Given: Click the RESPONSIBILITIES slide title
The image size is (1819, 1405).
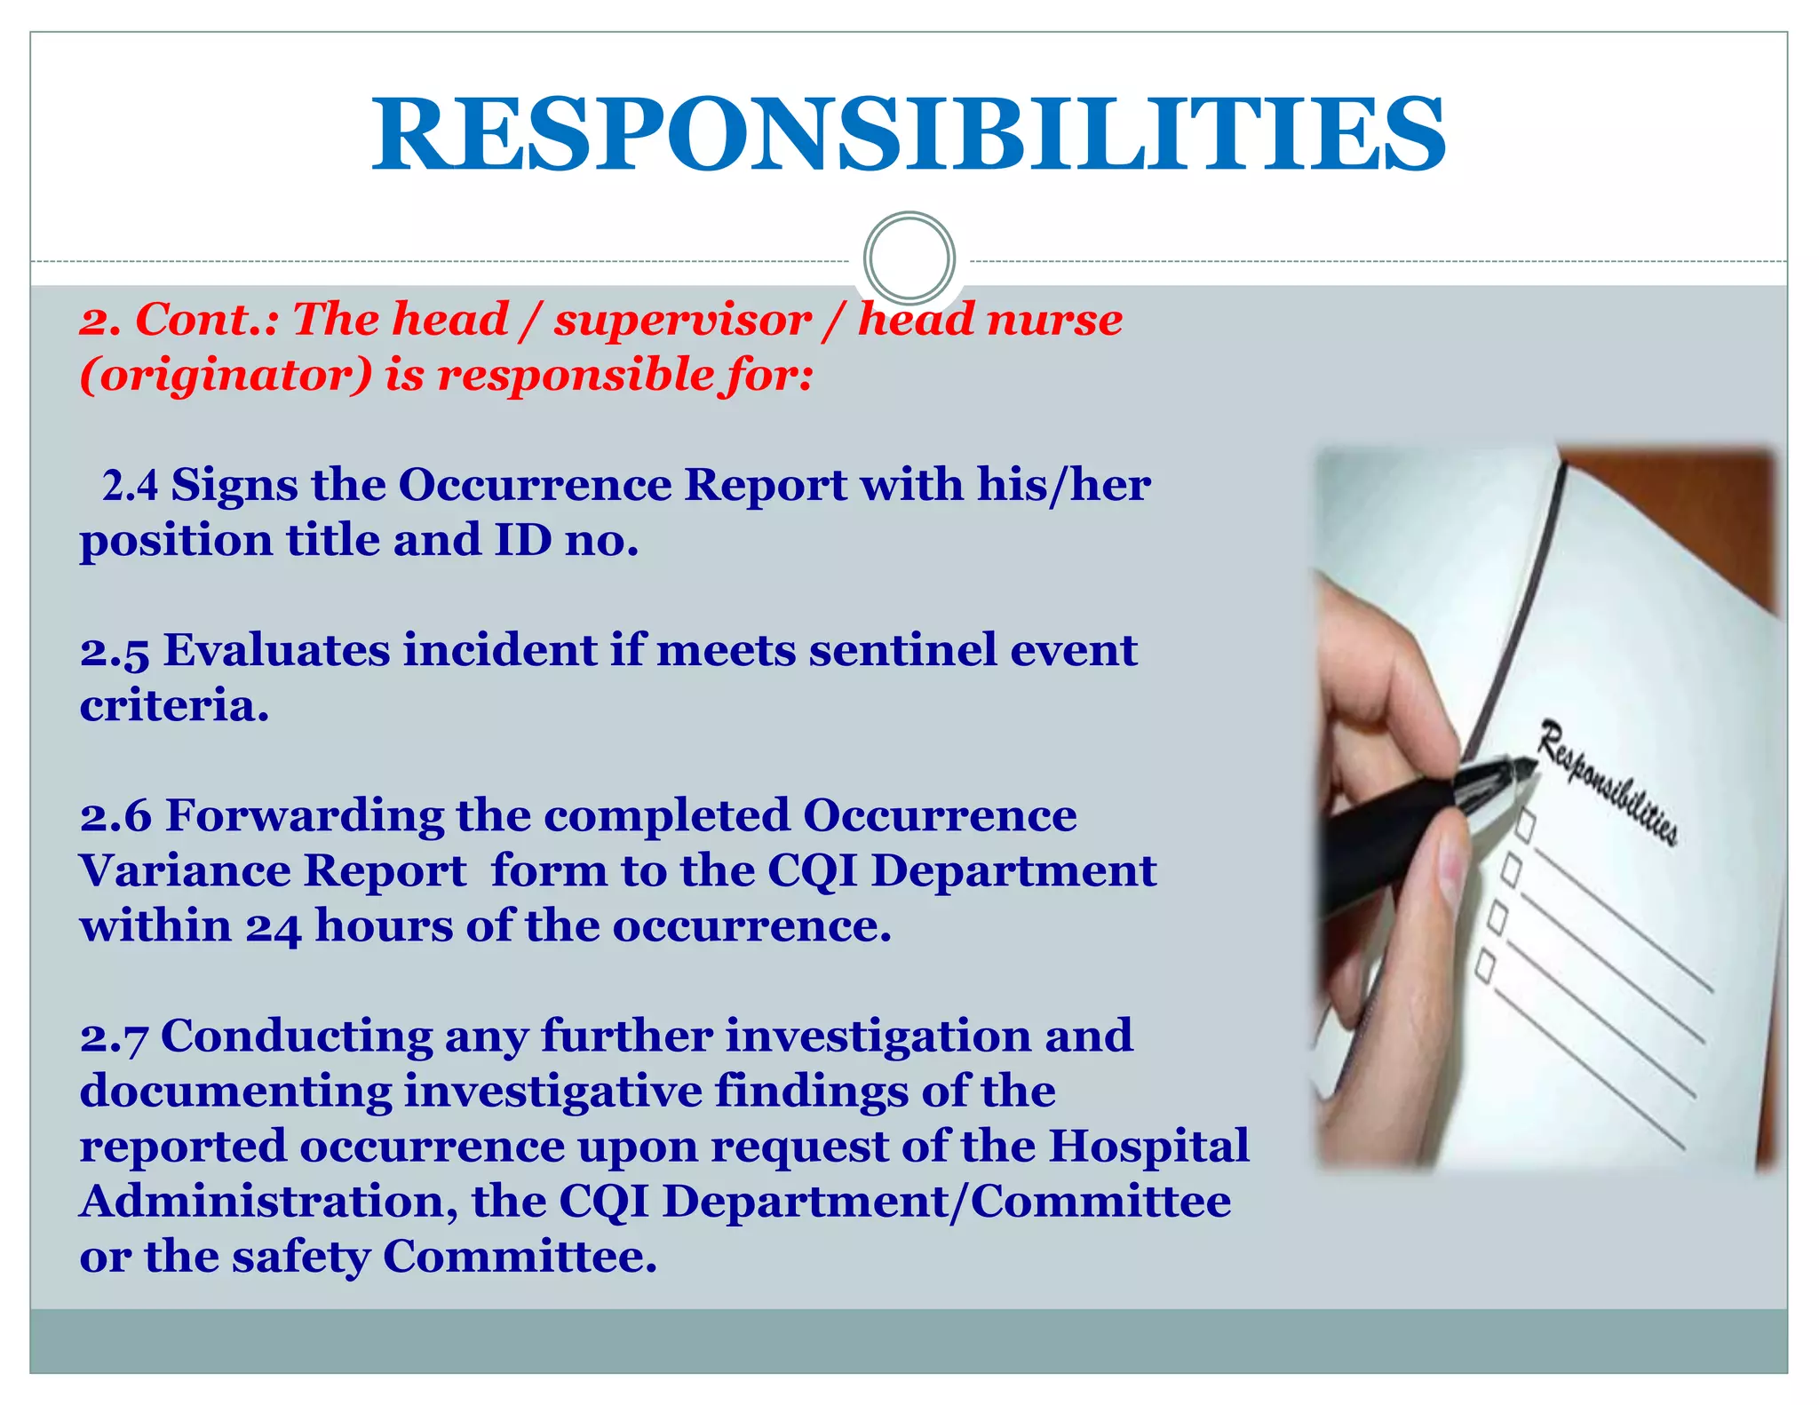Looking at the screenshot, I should point(909,135).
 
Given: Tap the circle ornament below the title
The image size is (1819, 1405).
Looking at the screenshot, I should point(909,258).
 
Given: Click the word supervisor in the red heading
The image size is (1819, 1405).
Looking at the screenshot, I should point(682,320).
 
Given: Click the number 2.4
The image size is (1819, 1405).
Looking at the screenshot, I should point(130,486).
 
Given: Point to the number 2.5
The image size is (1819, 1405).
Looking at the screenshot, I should point(114,651).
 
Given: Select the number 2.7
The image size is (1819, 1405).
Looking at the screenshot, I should point(114,1037).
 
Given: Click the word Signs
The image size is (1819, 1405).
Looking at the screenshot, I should point(234,486).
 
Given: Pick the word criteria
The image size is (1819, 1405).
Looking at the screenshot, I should point(174,706).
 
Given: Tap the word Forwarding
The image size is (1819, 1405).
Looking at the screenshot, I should point(305,816).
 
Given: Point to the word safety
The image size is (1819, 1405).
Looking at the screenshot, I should point(301,1258).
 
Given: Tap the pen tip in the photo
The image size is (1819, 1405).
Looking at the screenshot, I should point(1529,765).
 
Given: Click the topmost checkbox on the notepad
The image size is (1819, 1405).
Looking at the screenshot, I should point(1525,825).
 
